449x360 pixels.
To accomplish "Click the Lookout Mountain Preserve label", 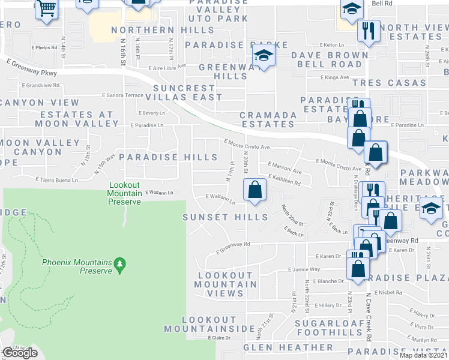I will click(125, 193).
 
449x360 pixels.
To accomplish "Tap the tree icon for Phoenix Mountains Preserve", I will click(119, 263).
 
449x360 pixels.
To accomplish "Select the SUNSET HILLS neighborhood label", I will click(225, 217).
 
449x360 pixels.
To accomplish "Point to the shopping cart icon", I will click(46, 9).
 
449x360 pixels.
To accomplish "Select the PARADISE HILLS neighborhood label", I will click(168, 157).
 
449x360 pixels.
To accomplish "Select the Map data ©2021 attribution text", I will click(423, 355).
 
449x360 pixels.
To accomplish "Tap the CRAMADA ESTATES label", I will click(268, 119).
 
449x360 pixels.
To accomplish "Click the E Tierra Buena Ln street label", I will click(57, 179).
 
